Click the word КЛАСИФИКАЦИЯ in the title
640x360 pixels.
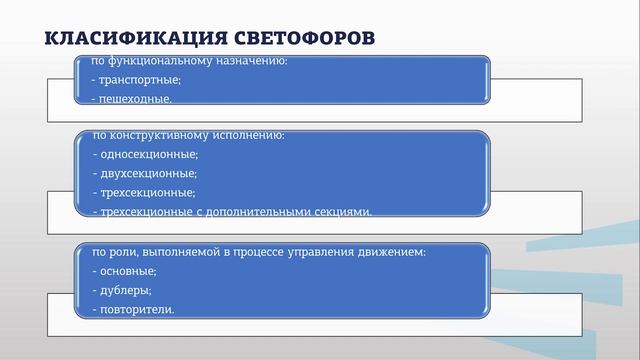[120, 38]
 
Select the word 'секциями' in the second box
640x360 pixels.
[347, 211]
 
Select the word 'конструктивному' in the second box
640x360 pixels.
[161, 135]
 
